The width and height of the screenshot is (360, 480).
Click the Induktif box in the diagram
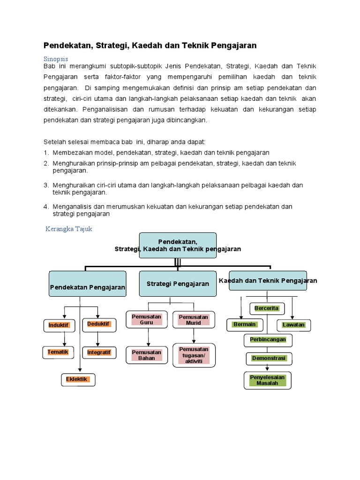click(59, 325)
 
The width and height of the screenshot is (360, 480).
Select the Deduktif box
click(99, 324)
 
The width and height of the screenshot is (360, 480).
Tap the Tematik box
click(59, 352)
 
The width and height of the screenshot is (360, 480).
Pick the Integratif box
click(99, 352)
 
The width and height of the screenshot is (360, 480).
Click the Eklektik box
click(77, 379)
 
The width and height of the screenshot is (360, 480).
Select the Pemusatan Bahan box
click(147, 355)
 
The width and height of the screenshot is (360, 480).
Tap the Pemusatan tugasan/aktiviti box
click(194, 355)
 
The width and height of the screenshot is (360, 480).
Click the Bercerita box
click(267, 308)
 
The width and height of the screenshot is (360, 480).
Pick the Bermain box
click(245, 324)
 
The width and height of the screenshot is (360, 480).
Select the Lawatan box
click(293, 324)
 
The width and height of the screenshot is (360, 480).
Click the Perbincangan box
click(268, 339)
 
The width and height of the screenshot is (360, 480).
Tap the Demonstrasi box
click(269, 359)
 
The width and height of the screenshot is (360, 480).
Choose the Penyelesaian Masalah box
click(267, 380)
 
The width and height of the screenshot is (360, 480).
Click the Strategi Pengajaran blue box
click(178, 284)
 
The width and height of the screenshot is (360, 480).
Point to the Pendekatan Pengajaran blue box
click(88, 284)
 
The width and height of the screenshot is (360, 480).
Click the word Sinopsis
click(56, 59)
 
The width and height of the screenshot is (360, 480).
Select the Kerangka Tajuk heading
click(69, 229)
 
